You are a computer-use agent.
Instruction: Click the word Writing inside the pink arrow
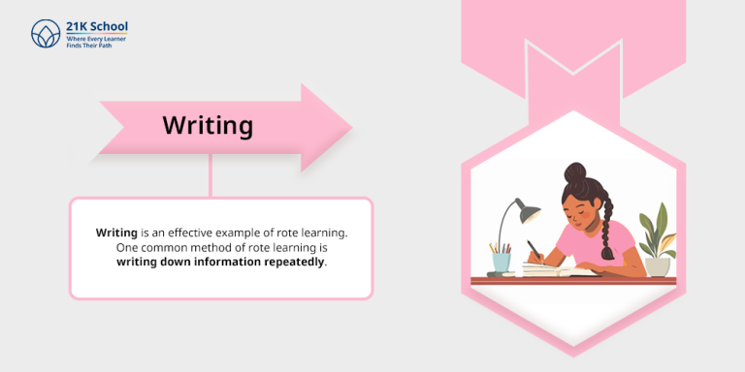208,126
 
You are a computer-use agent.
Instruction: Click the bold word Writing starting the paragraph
116,233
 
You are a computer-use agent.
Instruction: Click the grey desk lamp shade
527,209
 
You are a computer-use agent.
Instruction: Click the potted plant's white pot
658,264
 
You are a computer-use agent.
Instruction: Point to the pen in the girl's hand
534,250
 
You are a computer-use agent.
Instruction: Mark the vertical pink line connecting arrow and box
211,176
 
